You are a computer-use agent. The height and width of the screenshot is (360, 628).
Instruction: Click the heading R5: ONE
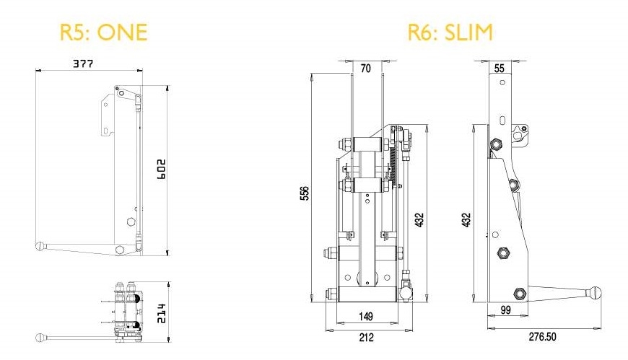pos(103,32)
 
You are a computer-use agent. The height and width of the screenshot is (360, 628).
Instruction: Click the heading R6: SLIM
pos(450,32)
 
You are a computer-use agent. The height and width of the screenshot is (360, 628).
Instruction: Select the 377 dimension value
pos(83,63)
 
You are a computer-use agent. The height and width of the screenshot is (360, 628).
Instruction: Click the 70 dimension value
pos(365,69)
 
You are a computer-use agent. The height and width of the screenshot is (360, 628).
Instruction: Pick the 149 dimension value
pos(366,315)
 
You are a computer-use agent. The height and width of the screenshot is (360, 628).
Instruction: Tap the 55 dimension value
pos(500,69)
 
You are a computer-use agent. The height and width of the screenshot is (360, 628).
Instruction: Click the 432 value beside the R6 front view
pos(420,219)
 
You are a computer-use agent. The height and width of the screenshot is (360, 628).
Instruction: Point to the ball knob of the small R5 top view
pos(40,338)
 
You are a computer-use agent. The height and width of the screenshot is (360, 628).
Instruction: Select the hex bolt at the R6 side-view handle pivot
pos(518,293)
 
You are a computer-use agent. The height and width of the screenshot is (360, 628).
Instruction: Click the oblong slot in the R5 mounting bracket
pos(107,131)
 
